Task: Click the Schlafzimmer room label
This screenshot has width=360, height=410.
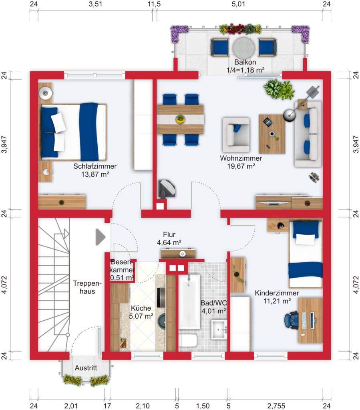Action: coord(95,166)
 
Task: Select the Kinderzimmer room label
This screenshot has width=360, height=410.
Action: coord(277,293)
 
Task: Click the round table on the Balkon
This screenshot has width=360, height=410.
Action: coord(243,47)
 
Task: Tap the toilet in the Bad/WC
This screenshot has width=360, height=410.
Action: coord(187,340)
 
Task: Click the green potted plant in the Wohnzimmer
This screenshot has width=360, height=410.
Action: coord(280,89)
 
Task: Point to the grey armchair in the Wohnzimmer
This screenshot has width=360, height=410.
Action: coord(236,131)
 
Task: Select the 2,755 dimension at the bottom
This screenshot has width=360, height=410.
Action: coord(276,406)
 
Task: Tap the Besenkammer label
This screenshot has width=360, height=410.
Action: coord(122,270)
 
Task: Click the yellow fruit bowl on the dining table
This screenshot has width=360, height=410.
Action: coord(181,119)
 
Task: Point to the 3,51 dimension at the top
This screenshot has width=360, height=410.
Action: coord(95,5)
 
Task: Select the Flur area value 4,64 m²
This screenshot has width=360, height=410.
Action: coord(169,242)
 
